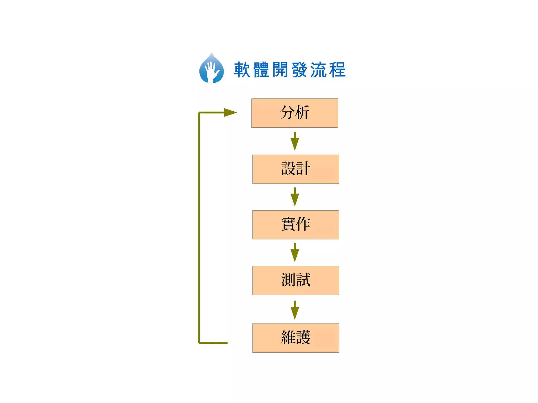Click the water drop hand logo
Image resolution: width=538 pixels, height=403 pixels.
tap(211, 69)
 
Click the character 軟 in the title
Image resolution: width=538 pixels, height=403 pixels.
tap(242, 70)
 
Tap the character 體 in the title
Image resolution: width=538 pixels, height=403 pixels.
tap(261, 70)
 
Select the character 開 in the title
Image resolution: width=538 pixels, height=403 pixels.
tap(280, 70)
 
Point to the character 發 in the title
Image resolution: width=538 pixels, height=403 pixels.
tap(299, 70)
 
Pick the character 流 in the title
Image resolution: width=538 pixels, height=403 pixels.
tap(318, 70)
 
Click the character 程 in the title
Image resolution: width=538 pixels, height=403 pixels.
tap(337, 70)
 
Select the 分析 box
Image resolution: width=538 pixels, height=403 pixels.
tap(295, 113)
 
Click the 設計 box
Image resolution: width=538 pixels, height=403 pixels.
tap(296, 169)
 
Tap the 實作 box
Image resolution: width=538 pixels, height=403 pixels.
tap(296, 225)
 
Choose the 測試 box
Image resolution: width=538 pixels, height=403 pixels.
tap(296, 280)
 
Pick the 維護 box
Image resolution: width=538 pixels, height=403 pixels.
tap(296, 338)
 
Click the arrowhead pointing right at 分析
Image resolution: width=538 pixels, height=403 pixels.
tap(230, 112)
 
